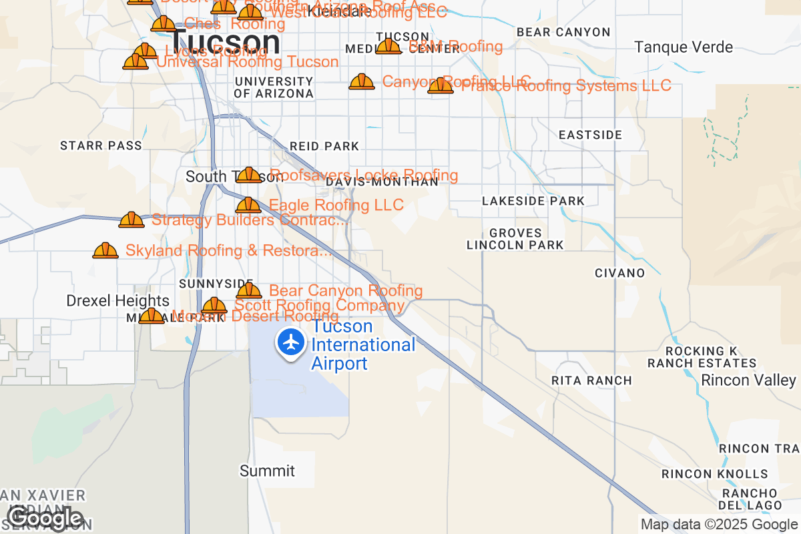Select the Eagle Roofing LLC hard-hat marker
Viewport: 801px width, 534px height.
(x=248, y=206)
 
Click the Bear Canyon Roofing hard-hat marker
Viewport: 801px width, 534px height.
(x=249, y=291)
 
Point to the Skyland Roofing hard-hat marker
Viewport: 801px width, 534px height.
(x=105, y=251)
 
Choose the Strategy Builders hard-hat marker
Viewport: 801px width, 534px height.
(x=131, y=220)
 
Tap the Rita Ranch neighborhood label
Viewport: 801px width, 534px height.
(x=591, y=380)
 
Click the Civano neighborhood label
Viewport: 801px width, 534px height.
(x=620, y=273)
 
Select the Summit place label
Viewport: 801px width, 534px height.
(x=267, y=471)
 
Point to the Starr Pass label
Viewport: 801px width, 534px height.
(x=101, y=146)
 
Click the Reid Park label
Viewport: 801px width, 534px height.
(x=324, y=146)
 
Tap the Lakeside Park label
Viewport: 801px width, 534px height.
(x=533, y=201)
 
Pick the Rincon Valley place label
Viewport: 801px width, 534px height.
(x=748, y=380)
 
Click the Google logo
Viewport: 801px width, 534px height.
(x=45, y=518)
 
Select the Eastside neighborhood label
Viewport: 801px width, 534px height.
(x=591, y=135)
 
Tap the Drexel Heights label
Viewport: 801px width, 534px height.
(x=118, y=301)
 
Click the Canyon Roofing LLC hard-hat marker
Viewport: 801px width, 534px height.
(x=362, y=82)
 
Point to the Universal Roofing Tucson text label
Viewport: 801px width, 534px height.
(x=248, y=62)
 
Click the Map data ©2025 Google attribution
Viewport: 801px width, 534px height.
(x=718, y=524)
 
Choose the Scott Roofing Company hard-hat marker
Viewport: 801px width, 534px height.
(x=214, y=306)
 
